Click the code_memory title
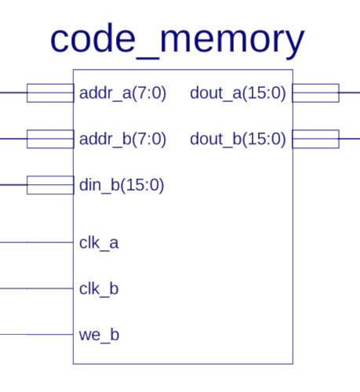point(177,41)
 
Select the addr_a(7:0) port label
point(122,93)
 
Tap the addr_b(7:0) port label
point(122,139)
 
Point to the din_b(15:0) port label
point(122,185)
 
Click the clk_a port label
point(99,243)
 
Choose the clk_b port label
point(99,289)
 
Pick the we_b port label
point(99,335)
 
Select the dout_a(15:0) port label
point(238,93)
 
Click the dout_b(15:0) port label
point(238,139)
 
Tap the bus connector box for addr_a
point(50,84)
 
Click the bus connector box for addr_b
point(50,130)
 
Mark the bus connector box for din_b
point(50,176)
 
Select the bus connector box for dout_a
point(315,84)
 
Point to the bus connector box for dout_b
point(315,130)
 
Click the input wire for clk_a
point(37,242)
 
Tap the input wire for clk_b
point(37,289)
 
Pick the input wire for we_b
point(37,335)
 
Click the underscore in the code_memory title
point(147,59)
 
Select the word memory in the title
point(232,43)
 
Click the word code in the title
point(93,38)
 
